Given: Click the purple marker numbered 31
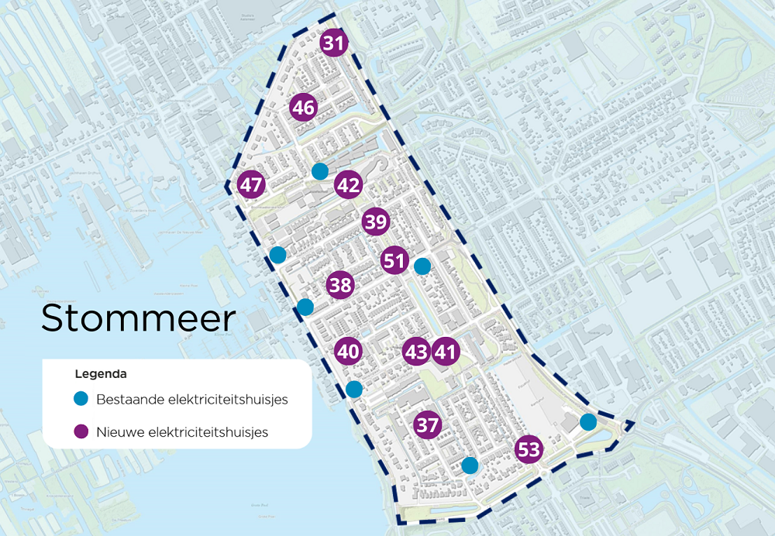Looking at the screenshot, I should (x=333, y=43).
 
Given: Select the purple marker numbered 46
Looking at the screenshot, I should (x=304, y=108).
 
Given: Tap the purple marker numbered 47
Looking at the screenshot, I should (x=251, y=185).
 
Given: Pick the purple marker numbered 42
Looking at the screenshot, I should (x=348, y=185).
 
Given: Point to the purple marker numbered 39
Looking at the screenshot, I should (x=376, y=223).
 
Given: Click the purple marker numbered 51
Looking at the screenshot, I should (x=394, y=260).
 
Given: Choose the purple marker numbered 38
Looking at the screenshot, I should (x=340, y=285).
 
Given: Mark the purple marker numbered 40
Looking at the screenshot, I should (x=349, y=352).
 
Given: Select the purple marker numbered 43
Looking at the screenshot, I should (x=416, y=352).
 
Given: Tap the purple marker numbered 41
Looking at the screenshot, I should (x=445, y=352).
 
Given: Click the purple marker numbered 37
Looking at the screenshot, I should (x=428, y=424).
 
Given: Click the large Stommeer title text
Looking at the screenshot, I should (x=138, y=318).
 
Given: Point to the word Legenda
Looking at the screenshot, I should (x=101, y=373).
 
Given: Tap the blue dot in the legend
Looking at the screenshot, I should (x=81, y=400).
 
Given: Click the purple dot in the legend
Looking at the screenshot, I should (x=81, y=431).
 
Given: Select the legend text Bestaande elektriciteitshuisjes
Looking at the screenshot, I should (x=192, y=400).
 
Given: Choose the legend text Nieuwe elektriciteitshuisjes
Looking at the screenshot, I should (x=182, y=431).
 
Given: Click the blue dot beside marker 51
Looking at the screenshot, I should (x=422, y=266).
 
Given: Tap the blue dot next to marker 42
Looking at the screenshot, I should (x=319, y=171).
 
